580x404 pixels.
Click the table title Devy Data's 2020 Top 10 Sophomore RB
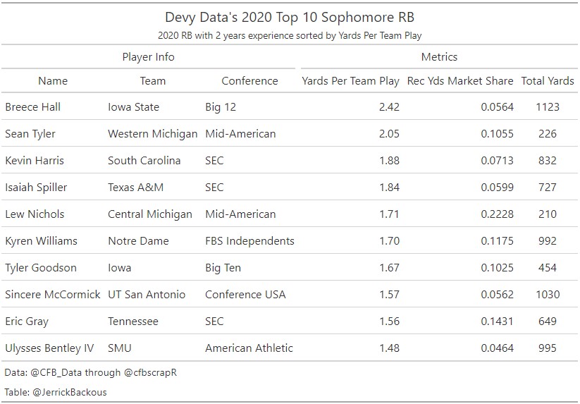290,17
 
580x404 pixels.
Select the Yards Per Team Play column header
350,80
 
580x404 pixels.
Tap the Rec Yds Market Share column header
460,80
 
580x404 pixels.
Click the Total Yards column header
548,80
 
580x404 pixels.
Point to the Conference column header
249,80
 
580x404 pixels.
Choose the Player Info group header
148,56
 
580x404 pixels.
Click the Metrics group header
439,56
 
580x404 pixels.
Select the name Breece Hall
32,107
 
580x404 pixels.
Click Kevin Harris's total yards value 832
548,161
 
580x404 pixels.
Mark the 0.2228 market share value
498,214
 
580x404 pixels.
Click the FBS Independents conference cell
249,241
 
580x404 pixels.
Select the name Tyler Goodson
41,268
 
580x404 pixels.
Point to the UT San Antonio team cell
147,295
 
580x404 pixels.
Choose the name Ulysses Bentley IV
49,348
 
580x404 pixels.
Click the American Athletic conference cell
249,348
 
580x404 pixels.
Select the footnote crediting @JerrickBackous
55,392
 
